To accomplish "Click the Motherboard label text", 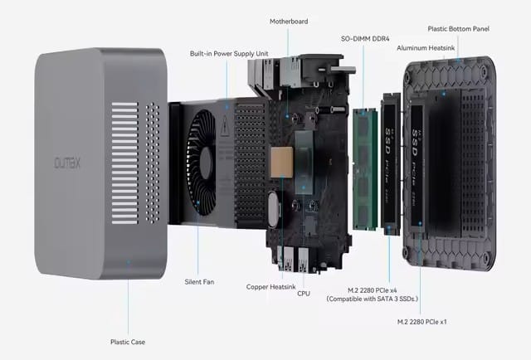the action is [289, 22].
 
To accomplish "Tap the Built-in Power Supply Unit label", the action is [229, 54].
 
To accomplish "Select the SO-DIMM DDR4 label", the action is [365, 39].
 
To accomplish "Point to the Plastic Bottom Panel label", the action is [458, 29].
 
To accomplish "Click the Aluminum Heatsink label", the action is [426, 48].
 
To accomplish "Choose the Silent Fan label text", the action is [199, 282].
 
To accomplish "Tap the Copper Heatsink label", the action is [271, 287].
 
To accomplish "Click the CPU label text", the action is [304, 294].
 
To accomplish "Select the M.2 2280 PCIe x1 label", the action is [422, 322].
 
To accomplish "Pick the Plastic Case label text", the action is [128, 342].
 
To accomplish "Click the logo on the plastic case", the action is [67, 163].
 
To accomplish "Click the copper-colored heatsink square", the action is [282, 163].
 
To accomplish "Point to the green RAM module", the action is [365, 169].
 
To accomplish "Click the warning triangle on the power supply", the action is [225, 124].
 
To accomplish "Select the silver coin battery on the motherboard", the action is [273, 209].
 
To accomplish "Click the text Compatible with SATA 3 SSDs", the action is [373, 299].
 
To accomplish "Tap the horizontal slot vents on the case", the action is [125, 163].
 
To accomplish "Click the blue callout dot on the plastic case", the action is [128, 262].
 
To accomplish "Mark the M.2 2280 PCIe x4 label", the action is [373, 290].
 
